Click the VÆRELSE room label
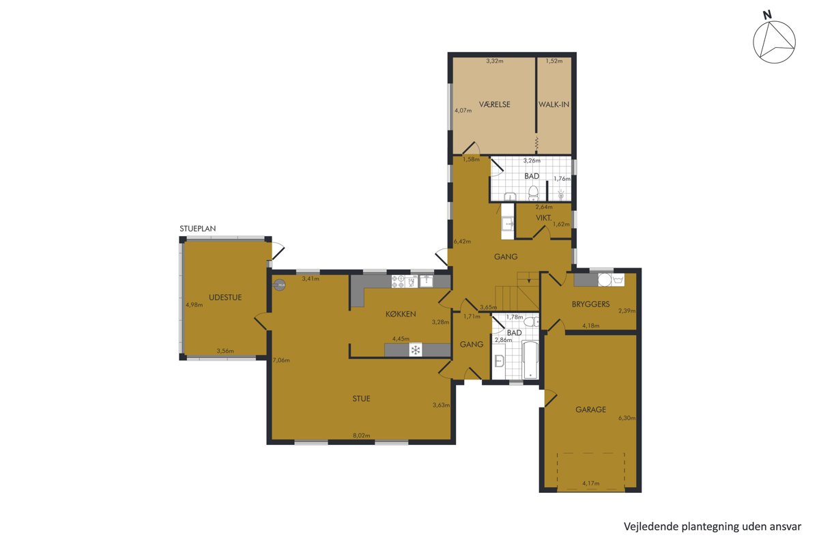(494, 104)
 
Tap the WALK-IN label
(554, 104)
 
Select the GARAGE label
(590, 409)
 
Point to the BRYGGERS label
(590, 304)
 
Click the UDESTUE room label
(225, 298)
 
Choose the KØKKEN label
(401, 314)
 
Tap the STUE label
(361, 399)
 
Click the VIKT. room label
(544, 218)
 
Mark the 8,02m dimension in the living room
(361, 435)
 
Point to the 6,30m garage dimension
(627, 418)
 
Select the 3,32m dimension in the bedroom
(495, 61)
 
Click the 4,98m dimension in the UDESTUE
(194, 304)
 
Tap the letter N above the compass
(767, 25)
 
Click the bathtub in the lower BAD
(530, 360)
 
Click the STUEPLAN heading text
(197, 229)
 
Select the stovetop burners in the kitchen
(398, 281)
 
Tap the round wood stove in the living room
(280, 285)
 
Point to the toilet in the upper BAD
(534, 193)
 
